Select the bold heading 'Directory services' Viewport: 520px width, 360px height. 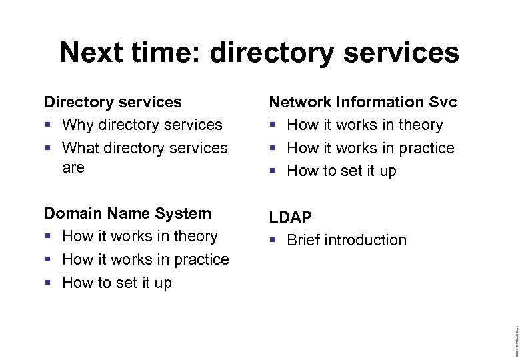[113, 102]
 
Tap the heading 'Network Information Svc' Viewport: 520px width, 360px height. [363, 102]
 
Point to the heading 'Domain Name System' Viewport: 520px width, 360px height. [127, 213]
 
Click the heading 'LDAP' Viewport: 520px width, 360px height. [291, 217]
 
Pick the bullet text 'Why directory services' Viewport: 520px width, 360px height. [142, 125]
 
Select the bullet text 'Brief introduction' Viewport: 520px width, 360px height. [346, 240]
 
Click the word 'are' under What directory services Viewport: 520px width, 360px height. [73, 167]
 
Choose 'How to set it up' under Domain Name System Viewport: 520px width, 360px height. [117, 283]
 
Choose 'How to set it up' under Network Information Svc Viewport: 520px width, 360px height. [341, 171]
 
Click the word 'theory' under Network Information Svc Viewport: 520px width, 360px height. [421, 125]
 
